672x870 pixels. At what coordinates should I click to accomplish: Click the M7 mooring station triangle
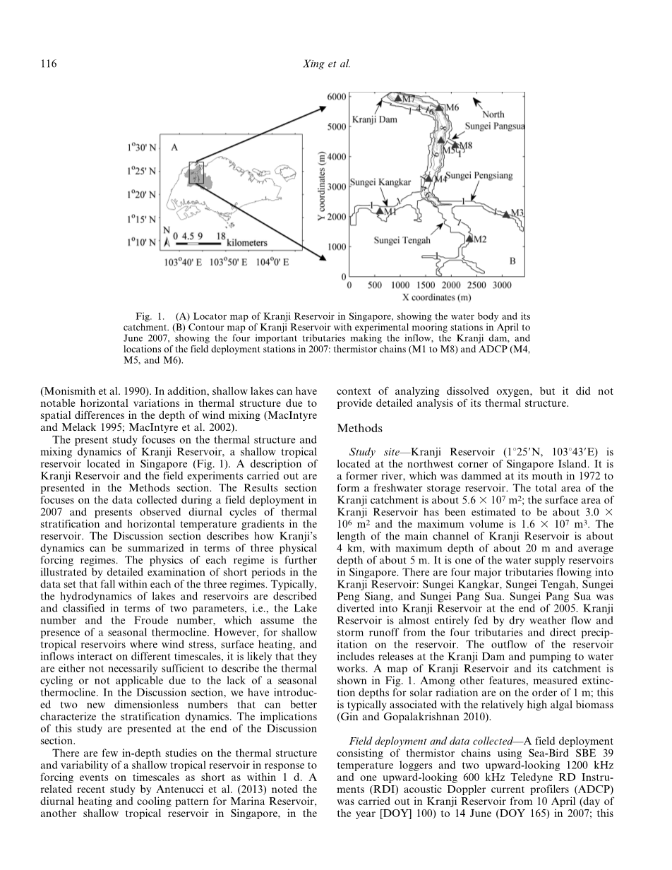pyautogui.click(x=398, y=97)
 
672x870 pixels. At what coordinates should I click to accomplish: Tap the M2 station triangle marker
pyautogui.click(x=468, y=239)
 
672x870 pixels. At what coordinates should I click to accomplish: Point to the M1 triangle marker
pyautogui.click(x=380, y=210)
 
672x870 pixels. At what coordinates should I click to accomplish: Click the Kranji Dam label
pyautogui.click(x=374, y=119)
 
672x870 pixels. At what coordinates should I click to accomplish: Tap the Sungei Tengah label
pyautogui.click(x=402, y=240)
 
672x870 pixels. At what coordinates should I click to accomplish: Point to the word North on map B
pyautogui.click(x=493, y=114)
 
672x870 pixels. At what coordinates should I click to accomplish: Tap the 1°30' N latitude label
pyautogui.click(x=143, y=148)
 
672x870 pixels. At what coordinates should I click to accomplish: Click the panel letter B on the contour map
pyautogui.click(x=512, y=261)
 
